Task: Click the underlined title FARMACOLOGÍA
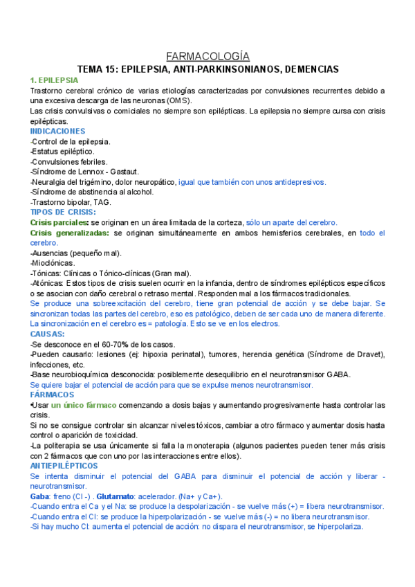(x=208, y=57)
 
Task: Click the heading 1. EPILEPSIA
(x=55, y=80)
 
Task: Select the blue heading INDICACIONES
(x=57, y=131)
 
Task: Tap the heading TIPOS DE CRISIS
(x=63, y=212)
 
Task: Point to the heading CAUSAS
(x=48, y=334)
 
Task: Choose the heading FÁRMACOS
(x=53, y=394)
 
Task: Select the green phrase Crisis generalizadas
(x=69, y=233)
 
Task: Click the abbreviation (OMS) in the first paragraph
(x=178, y=100)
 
